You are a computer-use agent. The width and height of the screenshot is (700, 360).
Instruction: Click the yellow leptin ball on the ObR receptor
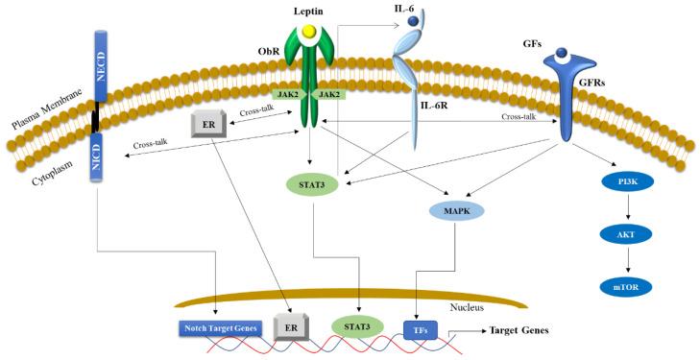(x=307, y=33)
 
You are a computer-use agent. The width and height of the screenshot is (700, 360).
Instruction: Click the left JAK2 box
(x=288, y=93)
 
